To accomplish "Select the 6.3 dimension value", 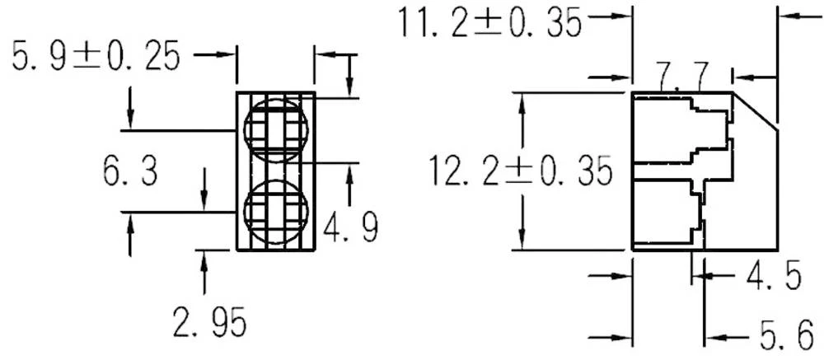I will pos(130,172).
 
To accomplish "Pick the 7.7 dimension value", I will pos(683,79).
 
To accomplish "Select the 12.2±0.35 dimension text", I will pos(521,171).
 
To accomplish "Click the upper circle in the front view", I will pos(276,129).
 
